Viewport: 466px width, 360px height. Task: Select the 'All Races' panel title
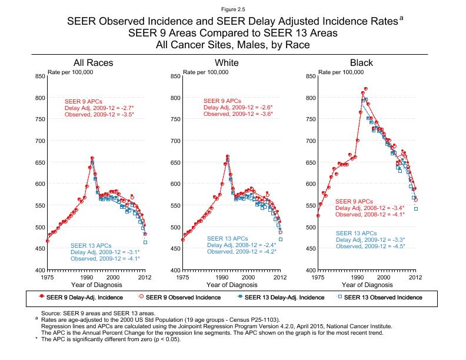pyautogui.click(x=93, y=62)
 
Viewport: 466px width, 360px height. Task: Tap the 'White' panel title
pyautogui.click(x=227, y=62)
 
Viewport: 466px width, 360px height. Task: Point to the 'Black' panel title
pyautogui.click(x=361, y=62)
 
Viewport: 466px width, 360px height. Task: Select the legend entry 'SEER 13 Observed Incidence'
pyautogui.click(x=384, y=297)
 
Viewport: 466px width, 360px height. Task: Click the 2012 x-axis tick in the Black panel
pyautogui.click(x=415, y=276)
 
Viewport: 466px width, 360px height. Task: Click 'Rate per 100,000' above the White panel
pyautogui.click(x=206, y=72)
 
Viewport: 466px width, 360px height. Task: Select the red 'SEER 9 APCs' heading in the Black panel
pyautogui.click(x=354, y=202)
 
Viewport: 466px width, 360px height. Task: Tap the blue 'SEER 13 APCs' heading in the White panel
pyautogui.click(x=227, y=238)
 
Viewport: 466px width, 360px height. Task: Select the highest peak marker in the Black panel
pyautogui.click(x=366, y=88)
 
